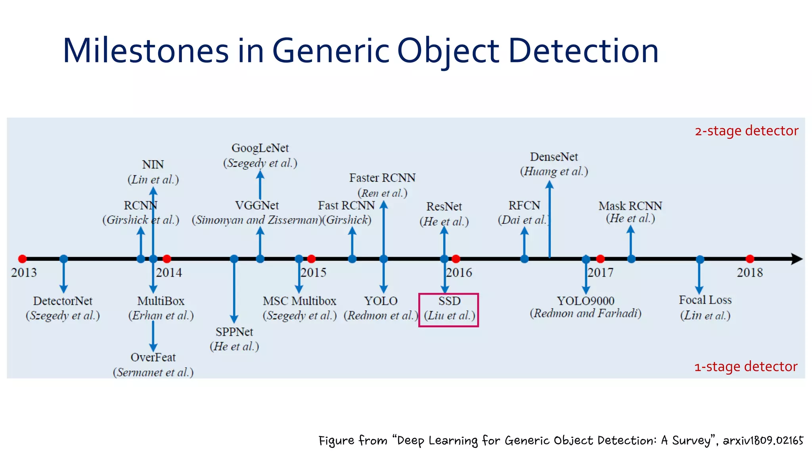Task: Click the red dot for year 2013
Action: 23,259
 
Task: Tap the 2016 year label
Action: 459,273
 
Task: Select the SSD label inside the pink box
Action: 449,301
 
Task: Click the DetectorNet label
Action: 63,301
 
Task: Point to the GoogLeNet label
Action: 260,148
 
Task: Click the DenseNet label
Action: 554,157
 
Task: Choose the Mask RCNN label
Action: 630,206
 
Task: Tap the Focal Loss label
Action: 705,300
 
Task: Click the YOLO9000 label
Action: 585,301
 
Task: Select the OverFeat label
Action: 153,357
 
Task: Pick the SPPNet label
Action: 234,332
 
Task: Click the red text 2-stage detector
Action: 746,131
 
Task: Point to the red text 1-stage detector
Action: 745,367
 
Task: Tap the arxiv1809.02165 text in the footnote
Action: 763,440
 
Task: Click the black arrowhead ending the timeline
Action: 797,259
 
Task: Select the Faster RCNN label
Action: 382,178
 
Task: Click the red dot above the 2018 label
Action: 750,259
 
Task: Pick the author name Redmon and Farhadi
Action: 585,313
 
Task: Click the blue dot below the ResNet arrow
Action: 444,259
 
